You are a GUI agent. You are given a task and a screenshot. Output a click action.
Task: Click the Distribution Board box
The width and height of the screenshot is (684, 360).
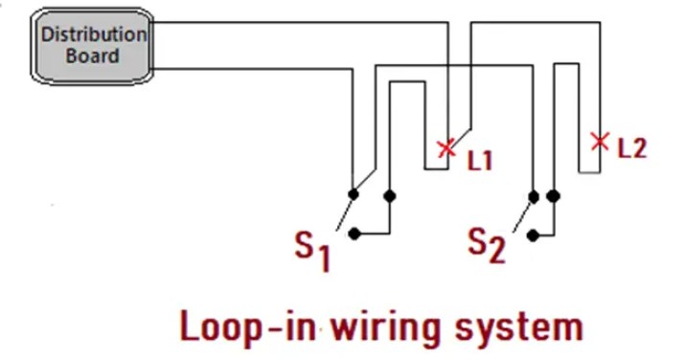point(93,45)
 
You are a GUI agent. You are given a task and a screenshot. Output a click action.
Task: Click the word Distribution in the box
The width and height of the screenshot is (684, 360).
point(94,34)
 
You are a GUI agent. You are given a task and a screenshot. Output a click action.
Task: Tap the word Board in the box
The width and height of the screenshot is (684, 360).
point(93,56)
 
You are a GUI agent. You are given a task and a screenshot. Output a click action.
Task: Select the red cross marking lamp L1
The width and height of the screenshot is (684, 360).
point(445,147)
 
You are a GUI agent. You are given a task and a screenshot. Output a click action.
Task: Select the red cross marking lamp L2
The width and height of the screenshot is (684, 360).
point(600,142)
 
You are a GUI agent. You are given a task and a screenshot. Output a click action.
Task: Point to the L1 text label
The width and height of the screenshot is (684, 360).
point(480,159)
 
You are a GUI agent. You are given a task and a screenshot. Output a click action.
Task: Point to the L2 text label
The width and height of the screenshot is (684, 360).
point(632,148)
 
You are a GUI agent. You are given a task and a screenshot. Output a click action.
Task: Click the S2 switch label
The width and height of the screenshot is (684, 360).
point(487,245)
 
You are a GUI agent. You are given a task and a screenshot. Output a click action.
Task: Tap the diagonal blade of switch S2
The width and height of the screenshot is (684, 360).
point(523,213)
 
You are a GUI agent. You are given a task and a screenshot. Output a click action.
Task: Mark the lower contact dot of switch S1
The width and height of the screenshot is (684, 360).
point(354,233)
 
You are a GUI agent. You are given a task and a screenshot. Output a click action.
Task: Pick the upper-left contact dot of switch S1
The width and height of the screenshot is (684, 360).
point(353,194)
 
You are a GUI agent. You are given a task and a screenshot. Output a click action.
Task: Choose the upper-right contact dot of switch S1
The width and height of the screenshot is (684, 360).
point(389,195)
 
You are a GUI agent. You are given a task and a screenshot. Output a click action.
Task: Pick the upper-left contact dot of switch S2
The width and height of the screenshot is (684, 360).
point(534,195)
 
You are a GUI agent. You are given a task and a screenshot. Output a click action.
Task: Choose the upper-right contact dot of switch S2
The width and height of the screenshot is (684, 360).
point(553,195)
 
